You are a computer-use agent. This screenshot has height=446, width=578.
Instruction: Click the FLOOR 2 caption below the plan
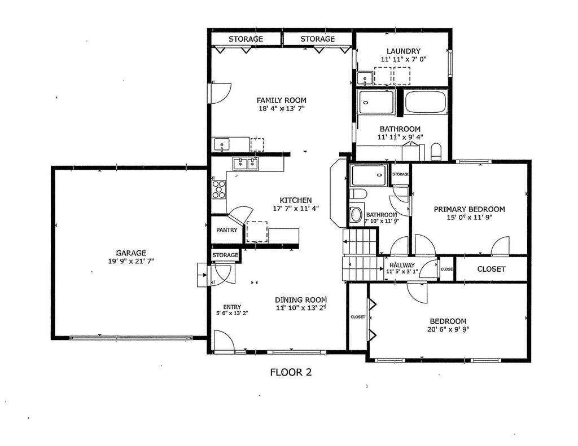pos(291,372)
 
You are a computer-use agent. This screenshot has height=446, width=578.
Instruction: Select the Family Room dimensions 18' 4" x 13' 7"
pos(282,108)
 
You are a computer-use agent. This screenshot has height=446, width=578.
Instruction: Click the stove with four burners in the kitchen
pos(218,189)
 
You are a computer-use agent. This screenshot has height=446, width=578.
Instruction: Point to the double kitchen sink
pos(246,164)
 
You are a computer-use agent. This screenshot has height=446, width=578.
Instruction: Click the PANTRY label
pos(227,230)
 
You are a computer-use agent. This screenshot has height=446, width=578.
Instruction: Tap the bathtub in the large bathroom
pos(426,101)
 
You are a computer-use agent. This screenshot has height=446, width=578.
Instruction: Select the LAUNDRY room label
pos(404,51)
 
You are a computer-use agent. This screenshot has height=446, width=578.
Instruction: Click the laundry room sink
pos(365,78)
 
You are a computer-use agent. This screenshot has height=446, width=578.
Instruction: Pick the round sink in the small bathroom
pos(356,215)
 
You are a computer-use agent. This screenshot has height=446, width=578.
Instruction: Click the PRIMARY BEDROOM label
pos(469,209)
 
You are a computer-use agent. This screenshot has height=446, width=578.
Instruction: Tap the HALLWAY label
pos(402,265)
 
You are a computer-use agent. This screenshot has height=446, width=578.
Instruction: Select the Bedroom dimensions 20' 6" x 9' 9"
pos(448,329)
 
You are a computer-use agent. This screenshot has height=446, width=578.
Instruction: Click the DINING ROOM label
pos(301,300)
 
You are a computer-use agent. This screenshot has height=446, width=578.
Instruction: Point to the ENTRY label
pos(232,307)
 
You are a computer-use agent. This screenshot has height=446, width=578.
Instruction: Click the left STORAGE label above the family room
pos(246,39)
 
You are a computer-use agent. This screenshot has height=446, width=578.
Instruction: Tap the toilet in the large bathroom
pos(436,152)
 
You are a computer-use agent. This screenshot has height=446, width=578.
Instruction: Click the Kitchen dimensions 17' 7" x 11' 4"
pos(296,209)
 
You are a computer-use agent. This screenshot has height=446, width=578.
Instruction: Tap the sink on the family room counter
pos(222,144)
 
